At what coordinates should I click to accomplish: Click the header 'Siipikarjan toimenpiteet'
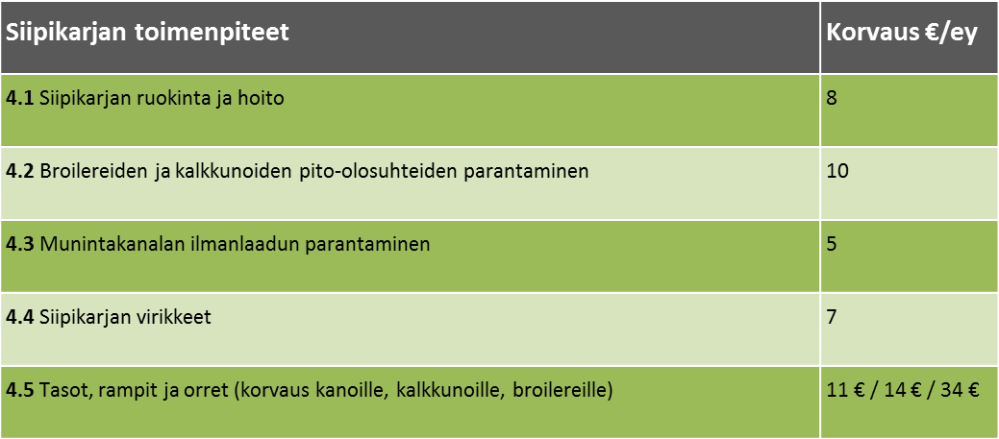tap(147, 33)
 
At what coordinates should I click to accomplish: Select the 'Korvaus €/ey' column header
tap(901, 33)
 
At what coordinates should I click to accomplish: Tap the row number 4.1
tap(20, 99)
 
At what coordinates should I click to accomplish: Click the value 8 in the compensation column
tap(832, 99)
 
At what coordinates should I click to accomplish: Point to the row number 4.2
tap(20, 171)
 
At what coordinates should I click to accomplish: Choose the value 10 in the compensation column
tap(837, 171)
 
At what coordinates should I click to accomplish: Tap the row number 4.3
tap(20, 244)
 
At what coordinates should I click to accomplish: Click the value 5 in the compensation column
tap(832, 244)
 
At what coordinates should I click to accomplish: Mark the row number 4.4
tap(20, 316)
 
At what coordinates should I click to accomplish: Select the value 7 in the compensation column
tap(832, 316)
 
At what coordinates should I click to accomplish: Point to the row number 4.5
tap(20, 389)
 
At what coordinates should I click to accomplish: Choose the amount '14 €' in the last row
tap(903, 389)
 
